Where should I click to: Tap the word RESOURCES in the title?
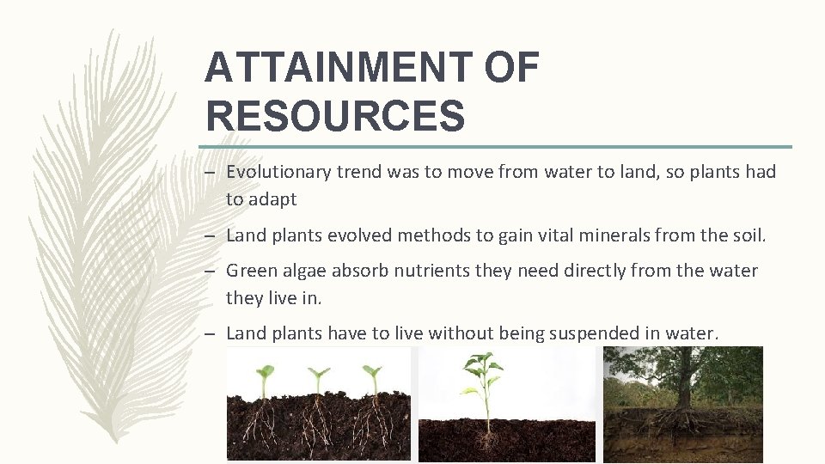[x=335, y=115]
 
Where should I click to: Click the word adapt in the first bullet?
[x=273, y=199]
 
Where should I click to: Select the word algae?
[x=304, y=272]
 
